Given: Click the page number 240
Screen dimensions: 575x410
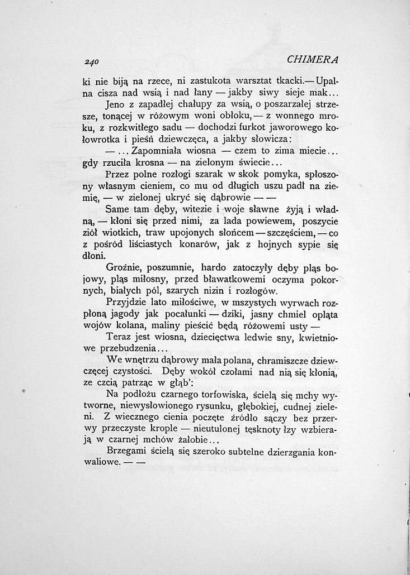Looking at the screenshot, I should click(89, 61).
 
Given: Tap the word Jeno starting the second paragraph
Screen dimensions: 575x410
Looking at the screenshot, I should click(115, 104).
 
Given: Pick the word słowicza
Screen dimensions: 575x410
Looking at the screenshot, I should click(271, 138).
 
